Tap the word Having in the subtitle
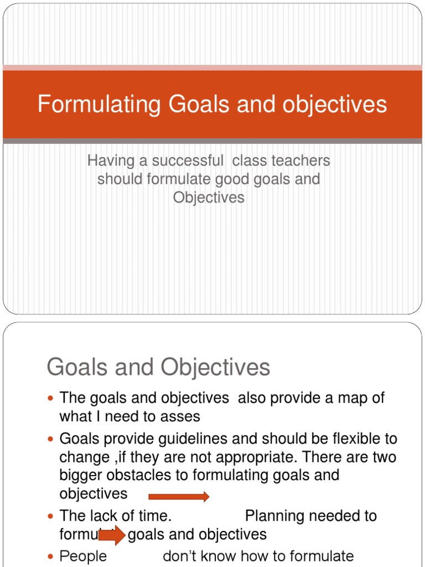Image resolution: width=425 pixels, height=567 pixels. [110, 161]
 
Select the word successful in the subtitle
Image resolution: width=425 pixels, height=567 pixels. [187, 161]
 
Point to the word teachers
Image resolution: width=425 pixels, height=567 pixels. [300, 161]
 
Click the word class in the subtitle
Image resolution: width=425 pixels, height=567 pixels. [248, 161]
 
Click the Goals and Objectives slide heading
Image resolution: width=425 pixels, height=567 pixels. [159, 367]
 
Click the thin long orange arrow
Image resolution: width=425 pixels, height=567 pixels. [179, 497]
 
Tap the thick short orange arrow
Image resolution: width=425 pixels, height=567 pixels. [111, 535]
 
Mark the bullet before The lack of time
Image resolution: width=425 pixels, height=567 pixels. [51, 516]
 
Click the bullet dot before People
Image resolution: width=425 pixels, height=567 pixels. [51, 556]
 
